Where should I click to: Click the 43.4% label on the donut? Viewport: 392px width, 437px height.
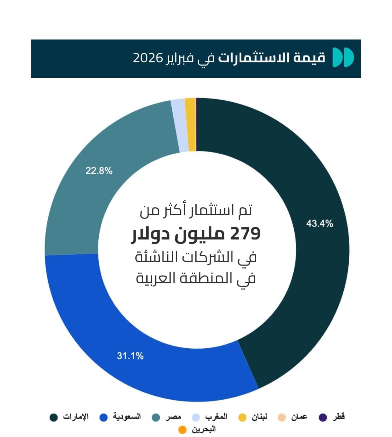click(319, 224)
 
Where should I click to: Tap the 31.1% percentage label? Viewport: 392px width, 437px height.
click(130, 356)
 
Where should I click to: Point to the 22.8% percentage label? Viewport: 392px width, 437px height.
click(99, 171)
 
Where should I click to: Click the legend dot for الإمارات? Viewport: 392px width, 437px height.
click(54, 417)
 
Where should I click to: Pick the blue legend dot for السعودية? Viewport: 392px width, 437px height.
click(103, 417)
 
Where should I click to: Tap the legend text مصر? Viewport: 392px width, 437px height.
click(173, 417)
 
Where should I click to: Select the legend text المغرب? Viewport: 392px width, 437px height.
click(216, 417)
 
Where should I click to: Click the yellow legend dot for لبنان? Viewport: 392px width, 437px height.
click(242, 417)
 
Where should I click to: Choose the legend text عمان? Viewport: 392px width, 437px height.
click(299, 417)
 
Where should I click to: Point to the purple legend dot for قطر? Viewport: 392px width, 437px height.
click(323, 417)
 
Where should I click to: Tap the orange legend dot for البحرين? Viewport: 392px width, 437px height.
click(182, 430)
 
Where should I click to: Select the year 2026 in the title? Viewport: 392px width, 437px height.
click(148, 58)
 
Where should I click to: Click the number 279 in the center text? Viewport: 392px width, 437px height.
click(245, 234)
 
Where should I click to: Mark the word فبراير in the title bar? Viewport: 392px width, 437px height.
click(179, 58)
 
